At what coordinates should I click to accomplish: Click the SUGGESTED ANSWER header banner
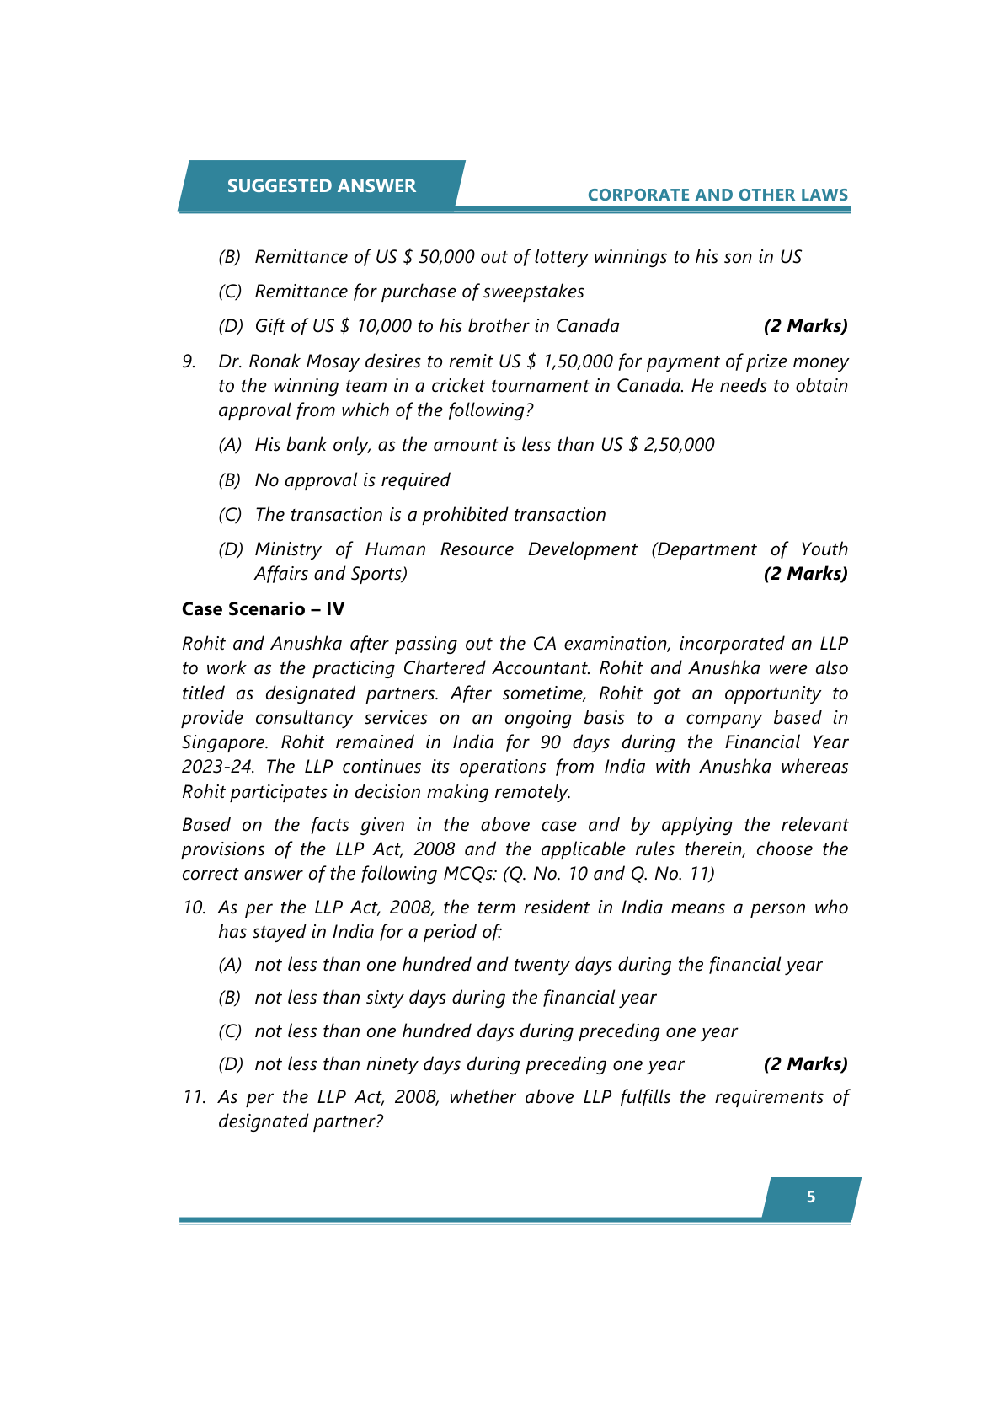(x=321, y=185)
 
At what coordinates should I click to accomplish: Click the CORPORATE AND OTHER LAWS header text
(x=718, y=195)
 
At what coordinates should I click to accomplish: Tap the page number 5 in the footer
(x=810, y=1197)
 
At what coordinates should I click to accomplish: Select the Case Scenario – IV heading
(x=263, y=609)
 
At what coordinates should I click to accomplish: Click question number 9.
(x=189, y=361)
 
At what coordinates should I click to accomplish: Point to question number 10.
(x=194, y=908)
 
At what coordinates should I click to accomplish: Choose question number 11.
(x=194, y=1097)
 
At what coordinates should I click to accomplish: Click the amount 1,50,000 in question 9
(x=578, y=361)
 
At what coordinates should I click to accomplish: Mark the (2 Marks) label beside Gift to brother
(x=805, y=326)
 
